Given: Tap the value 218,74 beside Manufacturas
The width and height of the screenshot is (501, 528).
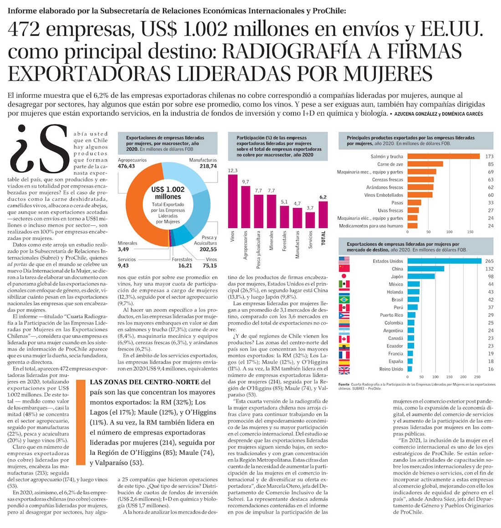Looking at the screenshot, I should [x=207, y=167].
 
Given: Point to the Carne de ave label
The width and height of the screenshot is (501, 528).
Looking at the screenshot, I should [x=390, y=164].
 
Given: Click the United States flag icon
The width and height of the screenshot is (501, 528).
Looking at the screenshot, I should [x=344, y=261].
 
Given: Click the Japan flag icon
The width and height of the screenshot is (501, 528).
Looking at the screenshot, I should [x=344, y=276].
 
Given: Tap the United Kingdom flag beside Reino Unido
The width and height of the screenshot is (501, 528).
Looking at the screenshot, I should [x=344, y=369].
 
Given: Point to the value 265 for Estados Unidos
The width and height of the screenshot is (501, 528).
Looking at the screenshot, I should [x=490, y=261].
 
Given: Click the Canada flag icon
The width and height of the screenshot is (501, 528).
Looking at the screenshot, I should [x=344, y=338].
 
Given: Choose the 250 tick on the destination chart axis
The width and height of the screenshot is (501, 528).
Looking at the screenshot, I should [x=477, y=377].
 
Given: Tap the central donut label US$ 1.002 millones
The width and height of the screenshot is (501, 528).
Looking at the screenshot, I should [x=168, y=193].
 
